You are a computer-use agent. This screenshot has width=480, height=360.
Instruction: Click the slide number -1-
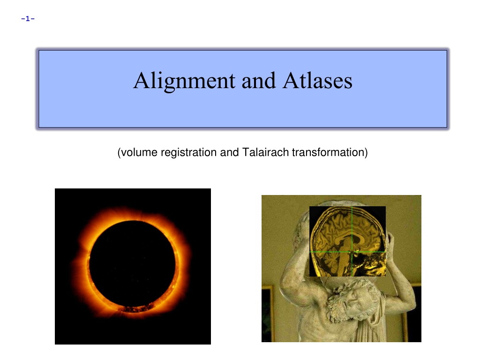point(28,19)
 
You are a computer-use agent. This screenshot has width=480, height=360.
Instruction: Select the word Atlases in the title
point(317,81)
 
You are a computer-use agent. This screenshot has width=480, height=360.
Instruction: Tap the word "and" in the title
point(259,81)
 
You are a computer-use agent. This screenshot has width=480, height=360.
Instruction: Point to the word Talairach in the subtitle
point(265,152)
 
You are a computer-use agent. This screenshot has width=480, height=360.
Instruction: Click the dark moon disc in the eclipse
point(132,264)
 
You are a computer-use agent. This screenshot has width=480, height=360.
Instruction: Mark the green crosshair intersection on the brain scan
point(352,252)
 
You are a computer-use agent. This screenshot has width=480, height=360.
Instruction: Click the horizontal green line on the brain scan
point(347,252)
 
